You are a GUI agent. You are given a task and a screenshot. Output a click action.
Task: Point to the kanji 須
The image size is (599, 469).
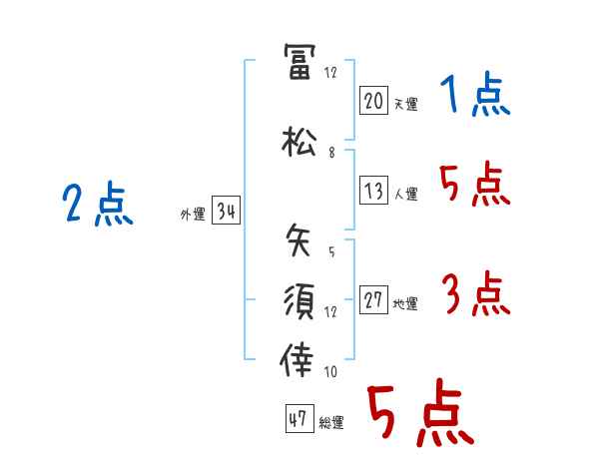pyautogui.click(x=299, y=299)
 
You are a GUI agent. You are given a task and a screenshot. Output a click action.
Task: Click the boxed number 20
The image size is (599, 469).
pyautogui.click(x=373, y=100)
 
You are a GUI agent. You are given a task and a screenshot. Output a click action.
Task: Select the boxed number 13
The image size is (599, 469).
pyautogui.click(x=373, y=192)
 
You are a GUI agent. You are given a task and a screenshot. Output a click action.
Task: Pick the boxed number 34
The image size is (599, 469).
pyautogui.click(x=226, y=211)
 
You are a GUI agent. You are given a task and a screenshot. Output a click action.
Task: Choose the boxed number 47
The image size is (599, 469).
pyautogui.click(x=297, y=419)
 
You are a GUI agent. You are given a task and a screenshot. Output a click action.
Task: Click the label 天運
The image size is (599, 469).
pyautogui.click(x=405, y=103)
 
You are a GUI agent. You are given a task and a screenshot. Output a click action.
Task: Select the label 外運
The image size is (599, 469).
pyautogui.click(x=192, y=214)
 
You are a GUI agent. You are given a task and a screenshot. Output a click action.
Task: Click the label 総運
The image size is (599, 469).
pyautogui.click(x=330, y=422)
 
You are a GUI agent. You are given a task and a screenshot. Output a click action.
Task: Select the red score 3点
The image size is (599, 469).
pyautogui.click(x=474, y=294)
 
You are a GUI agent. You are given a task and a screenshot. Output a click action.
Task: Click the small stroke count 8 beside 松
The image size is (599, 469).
pyautogui.click(x=331, y=153)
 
